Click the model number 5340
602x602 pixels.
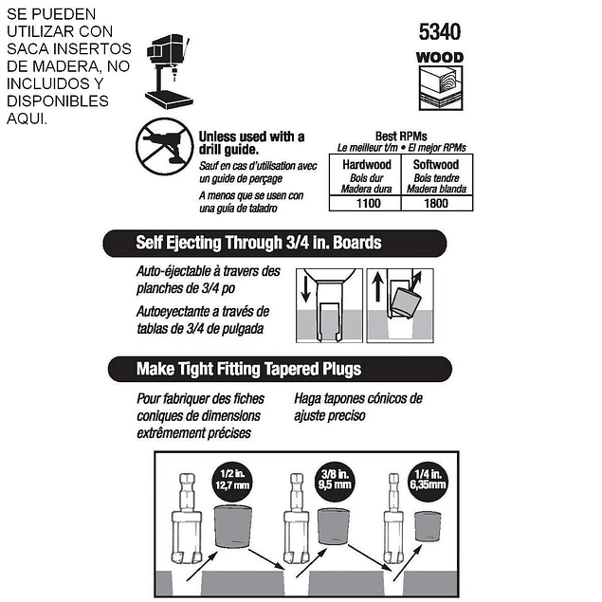click(x=440, y=31)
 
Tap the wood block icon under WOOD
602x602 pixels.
click(x=441, y=88)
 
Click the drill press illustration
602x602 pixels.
click(x=169, y=71)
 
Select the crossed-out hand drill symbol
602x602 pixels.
click(x=165, y=146)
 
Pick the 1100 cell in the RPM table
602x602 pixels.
click(x=368, y=203)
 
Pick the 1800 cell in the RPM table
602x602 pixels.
click(x=436, y=203)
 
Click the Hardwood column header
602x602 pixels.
click(x=367, y=165)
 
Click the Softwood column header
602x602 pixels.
click(x=436, y=165)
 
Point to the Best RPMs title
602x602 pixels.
click(x=401, y=137)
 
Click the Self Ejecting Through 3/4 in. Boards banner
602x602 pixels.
click(x=275, y=243)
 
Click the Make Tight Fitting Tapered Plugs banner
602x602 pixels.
click(x=280, y=369)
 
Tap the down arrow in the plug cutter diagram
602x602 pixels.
click(x=305, y=289)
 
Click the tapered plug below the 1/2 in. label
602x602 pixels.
click(x=233, y=526)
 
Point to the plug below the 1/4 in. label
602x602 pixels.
click(x=428, y=526)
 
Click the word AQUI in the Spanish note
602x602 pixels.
click(x=27, y=119)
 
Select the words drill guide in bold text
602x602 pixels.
click(x=228, y=150)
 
